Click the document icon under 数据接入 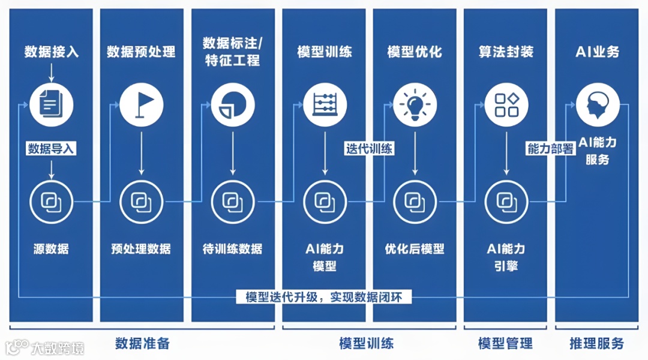click(51, 104)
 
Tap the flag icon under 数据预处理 click(142, 104)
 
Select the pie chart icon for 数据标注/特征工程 click(233, 104)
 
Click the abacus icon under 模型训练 click(325, 104)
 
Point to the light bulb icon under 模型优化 click(415, 104)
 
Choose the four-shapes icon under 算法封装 click(506, 104)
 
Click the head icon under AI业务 click(598, 104)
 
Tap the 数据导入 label click(51, 149)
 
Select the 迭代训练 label click(369, 148)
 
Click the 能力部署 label click(551, 149)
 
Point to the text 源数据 click(51, 248)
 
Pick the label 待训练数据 click(233, 248)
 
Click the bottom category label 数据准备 click(142, 343)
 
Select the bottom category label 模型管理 click(505, 343)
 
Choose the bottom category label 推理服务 click(596, 343)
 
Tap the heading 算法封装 click(506, 52)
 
